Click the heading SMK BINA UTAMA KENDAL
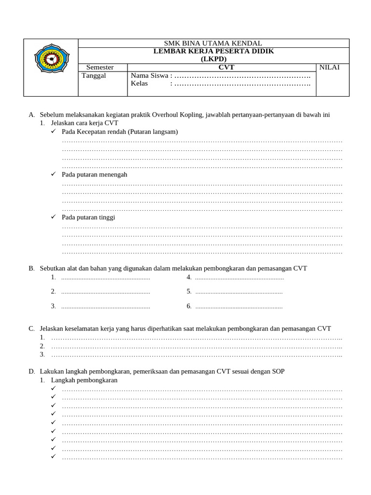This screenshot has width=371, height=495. (x=213, y=43)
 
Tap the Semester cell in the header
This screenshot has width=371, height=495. (x=100, y=67)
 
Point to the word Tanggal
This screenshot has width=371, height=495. (x=94, y=75)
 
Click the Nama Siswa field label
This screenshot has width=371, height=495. (x=149, y=75)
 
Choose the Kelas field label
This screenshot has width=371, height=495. (x=139, y=84)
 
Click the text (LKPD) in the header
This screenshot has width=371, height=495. (x=213, y=59)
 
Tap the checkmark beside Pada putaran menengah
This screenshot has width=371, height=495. (x=54, y=174)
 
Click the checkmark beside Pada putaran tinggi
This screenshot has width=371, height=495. (x=54, y=217)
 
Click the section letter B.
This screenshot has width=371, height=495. (x=31, y=268)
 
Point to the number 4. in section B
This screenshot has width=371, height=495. (x=189, y=277)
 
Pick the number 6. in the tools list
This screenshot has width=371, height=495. (x=189, y=306)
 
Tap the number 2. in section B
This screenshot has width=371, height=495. (x=53, y=291)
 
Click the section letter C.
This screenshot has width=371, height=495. (x=31, y=328)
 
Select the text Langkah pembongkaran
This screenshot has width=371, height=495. (x=84, y=380)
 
